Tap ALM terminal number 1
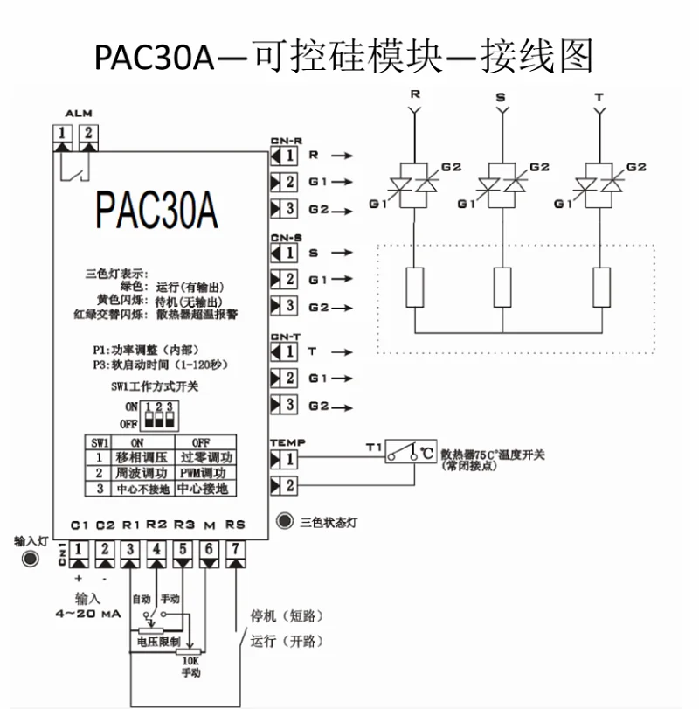[x=63, y=134]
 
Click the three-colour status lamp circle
[x=284, y=522]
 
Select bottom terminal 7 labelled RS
[x=234, y=549]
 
